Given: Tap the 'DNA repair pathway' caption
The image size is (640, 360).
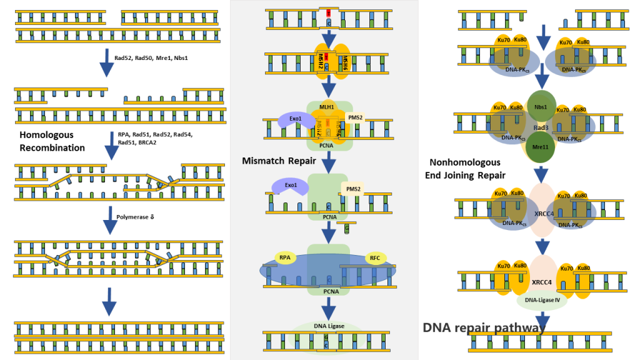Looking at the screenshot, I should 484,327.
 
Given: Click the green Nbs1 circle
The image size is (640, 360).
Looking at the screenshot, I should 541,106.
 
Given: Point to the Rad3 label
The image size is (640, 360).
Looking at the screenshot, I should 541,127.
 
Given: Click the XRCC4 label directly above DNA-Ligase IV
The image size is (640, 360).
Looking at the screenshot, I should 541,282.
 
